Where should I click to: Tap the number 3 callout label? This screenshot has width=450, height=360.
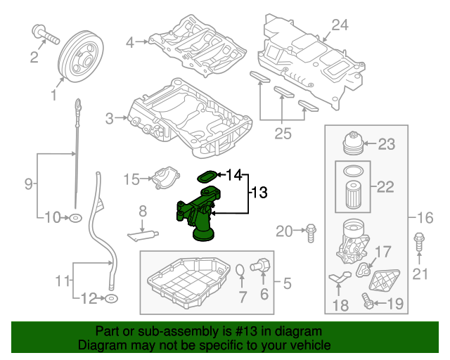[x=110, y=119]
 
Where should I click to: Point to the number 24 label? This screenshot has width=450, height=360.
[x=340, y=25]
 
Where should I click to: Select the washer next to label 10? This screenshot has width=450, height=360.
[x=75, y=218]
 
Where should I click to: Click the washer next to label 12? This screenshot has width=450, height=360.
[x=110, y=300]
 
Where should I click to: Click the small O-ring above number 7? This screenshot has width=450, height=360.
[x=240, y=271]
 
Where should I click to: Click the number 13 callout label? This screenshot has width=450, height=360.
[x=259, y=192]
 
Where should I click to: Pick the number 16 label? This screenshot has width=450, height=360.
[x=426, y=217]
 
